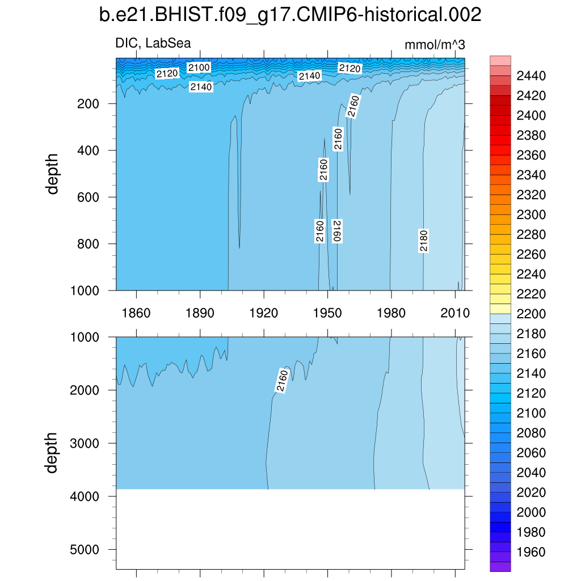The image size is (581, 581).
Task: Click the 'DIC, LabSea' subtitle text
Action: click(x=153, y=43)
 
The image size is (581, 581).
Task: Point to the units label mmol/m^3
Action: click(x=435, y=45)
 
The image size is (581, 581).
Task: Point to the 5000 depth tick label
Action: click(x=85, y=549)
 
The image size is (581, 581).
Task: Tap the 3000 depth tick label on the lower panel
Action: click(x=85, y=443)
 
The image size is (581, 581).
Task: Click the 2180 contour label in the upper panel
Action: click(x=424, y=241)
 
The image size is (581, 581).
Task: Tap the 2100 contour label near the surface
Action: click(x=199, y=68)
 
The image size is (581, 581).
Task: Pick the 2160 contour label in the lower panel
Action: click(x=282, y=381)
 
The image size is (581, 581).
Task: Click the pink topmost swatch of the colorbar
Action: click(x=500, y=61)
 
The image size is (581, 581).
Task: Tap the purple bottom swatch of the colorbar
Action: click(x=500, y=566)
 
